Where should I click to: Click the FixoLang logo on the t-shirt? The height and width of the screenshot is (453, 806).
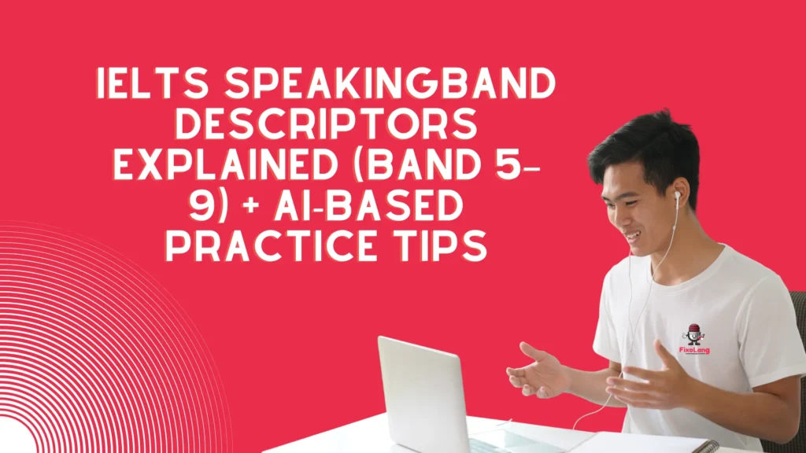tap(693, 339)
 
